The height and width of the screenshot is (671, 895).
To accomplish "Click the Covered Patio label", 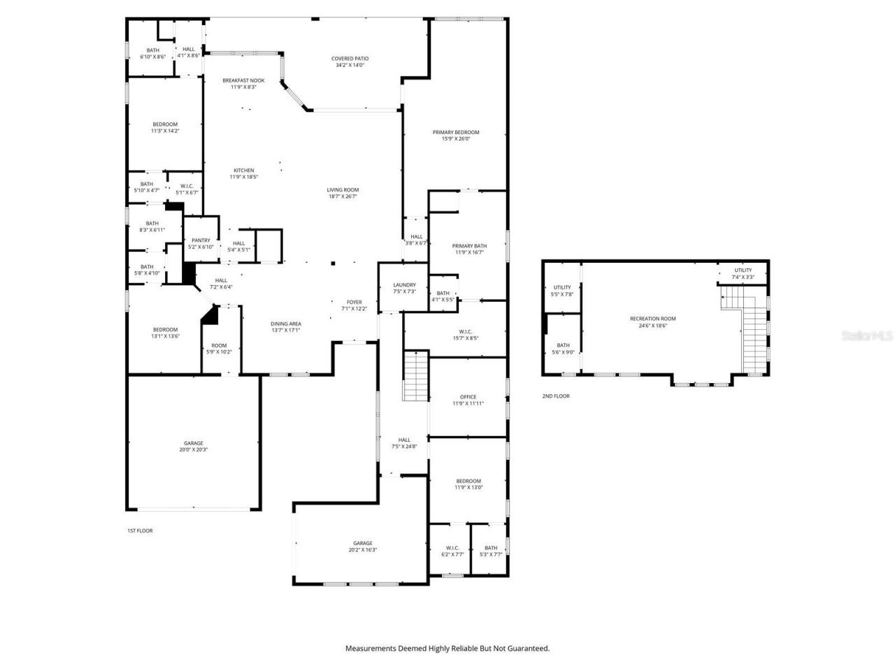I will click(x=350, y=62).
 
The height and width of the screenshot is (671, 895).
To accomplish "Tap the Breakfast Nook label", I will click(x=243, y=83).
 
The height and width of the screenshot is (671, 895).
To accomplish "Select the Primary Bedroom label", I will click(x=456, y=135).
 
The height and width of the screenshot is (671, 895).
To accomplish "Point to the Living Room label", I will click(x=343, y=193).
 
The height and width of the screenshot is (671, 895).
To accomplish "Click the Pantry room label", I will click(x=201, y=243).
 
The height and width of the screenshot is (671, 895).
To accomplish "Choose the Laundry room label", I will click(x=404, y=287).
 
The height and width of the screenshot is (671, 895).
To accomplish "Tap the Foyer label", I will click(x=354, y=305).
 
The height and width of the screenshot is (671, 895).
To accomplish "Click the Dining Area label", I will click(x=285, y=326).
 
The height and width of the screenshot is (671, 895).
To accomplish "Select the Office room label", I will click(x=468, y=400).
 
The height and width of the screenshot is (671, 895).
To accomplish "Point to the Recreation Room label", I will click(x=652, y=322).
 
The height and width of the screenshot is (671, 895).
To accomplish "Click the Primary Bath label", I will click(x=469, y=249).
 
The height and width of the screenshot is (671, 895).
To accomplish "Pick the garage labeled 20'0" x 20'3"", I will click(x=193, y=446).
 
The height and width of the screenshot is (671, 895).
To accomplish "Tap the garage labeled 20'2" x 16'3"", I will click(x=362, y=546).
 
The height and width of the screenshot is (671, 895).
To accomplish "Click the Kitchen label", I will click(x=243, y=173).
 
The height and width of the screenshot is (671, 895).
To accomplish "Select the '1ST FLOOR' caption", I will click(x=140, y=531).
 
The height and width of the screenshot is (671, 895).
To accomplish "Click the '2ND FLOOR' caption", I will click(x=556, y=396).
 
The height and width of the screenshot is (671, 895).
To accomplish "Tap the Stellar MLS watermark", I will click(x=867, y=336).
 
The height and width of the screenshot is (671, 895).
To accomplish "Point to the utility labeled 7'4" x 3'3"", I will click(x=743, y=273).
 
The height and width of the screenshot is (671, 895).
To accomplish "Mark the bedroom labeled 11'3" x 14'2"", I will click(x=165, y=127).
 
